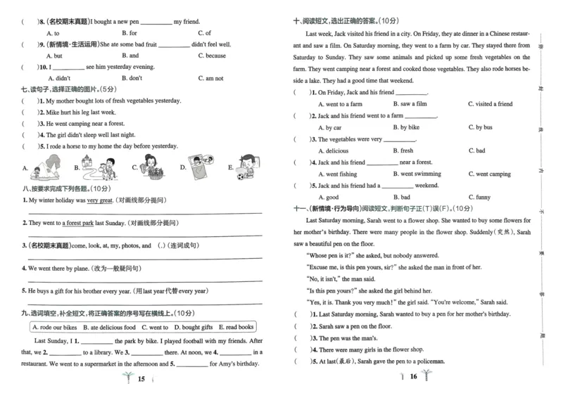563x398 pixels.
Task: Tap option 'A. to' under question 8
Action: click(x=53, y=33)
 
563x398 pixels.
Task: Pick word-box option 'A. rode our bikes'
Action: click(x=56, y=327)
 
